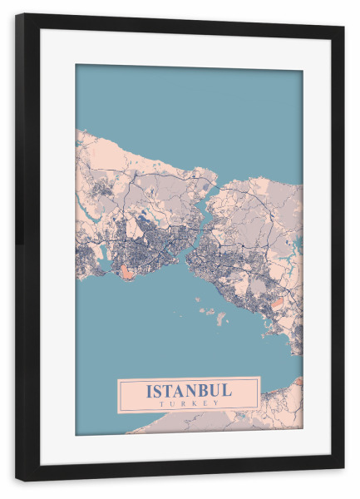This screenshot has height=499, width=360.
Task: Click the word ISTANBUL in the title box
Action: point(189,390)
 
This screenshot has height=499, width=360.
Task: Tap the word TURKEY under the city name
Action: point(189,403)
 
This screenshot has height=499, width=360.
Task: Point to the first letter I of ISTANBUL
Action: point(150,390)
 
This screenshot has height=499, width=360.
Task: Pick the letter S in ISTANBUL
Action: point(159,390)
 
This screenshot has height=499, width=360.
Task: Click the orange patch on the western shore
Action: point(126,272)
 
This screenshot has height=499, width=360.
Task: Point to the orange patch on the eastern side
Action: point(279,304)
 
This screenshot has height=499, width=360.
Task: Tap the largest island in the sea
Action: point(220,318)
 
